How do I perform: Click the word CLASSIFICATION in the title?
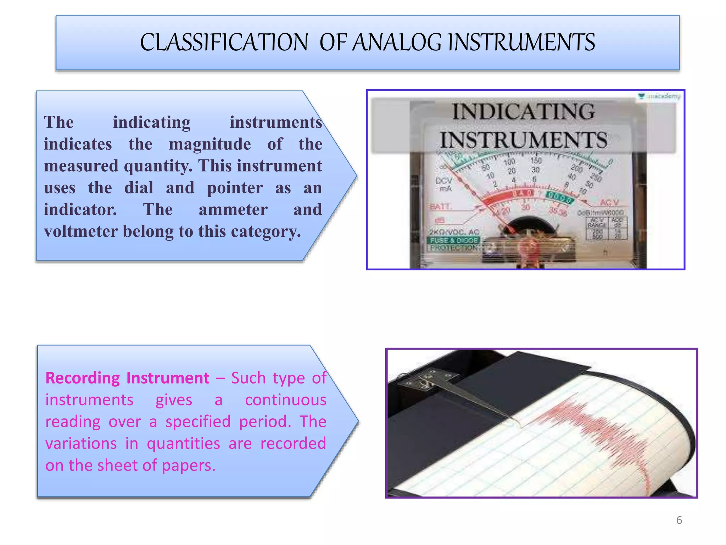coord(224,43)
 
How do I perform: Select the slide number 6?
coord(679,520)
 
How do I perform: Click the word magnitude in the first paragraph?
coord(210,144)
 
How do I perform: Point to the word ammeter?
coord(233,210)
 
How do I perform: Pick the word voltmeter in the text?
coord(80,232)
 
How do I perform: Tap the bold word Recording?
coord(83,378)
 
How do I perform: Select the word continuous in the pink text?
coord(285,400)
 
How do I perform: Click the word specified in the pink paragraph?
coord(198,422)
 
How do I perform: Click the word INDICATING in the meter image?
coord(523,112)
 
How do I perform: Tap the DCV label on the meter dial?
coord(443,181)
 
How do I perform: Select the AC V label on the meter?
coord(609,203)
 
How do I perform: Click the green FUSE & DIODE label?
coord(454,240)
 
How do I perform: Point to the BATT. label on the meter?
coord(440,207)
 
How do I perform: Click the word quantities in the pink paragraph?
coord(183,444)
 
